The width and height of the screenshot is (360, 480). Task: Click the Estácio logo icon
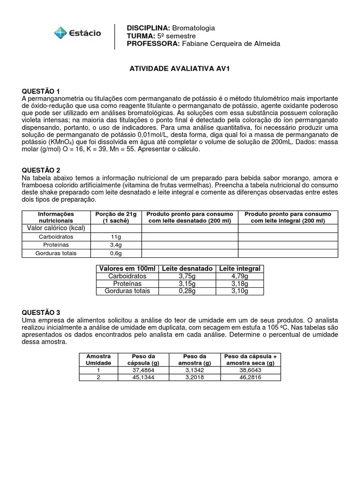60,33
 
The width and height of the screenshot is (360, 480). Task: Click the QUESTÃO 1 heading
41,91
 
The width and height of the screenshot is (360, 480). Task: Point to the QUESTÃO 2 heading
41,170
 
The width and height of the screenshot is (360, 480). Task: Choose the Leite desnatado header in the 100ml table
187,269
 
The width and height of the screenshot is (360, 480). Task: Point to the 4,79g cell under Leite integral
240,276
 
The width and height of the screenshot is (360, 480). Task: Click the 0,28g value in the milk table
187,291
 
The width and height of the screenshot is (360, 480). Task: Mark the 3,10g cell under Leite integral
240,291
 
